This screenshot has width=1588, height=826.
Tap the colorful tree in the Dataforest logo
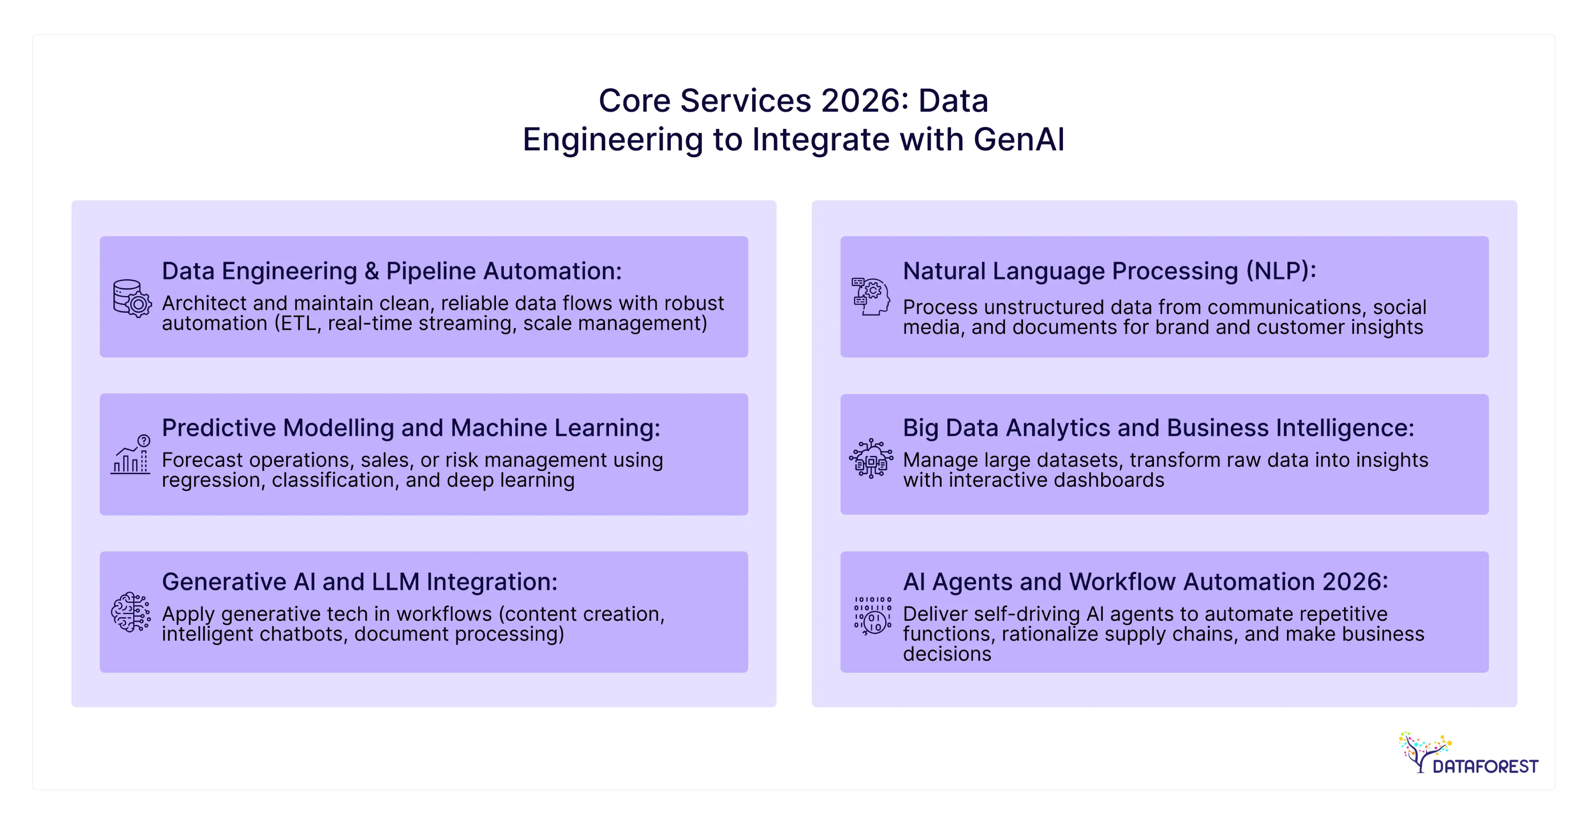1423,750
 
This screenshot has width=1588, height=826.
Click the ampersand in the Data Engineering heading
371,271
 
